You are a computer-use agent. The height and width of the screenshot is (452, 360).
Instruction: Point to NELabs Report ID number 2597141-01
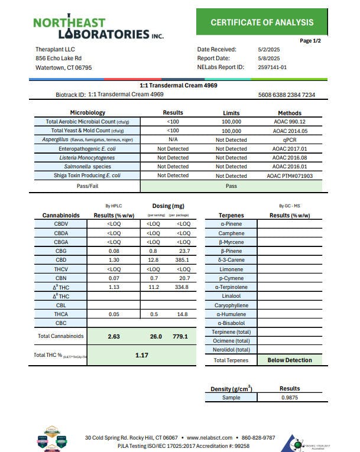[x=273, y=67]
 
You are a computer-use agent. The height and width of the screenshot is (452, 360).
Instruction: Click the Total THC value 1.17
[x=141, y=356]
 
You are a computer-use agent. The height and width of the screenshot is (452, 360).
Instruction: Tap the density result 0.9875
[x=289, y=398]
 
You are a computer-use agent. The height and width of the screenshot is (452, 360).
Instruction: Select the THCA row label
[x=61, y=314]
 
